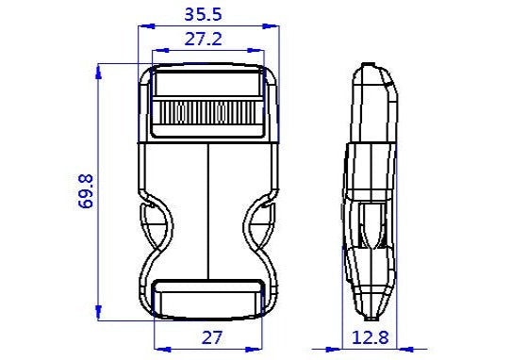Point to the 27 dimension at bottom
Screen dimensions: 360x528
tap(208, 337)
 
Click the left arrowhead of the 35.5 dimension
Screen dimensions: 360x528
tap(141, 25)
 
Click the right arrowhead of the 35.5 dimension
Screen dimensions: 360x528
tap(275, 25)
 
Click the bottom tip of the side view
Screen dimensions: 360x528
tap(367, 319)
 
